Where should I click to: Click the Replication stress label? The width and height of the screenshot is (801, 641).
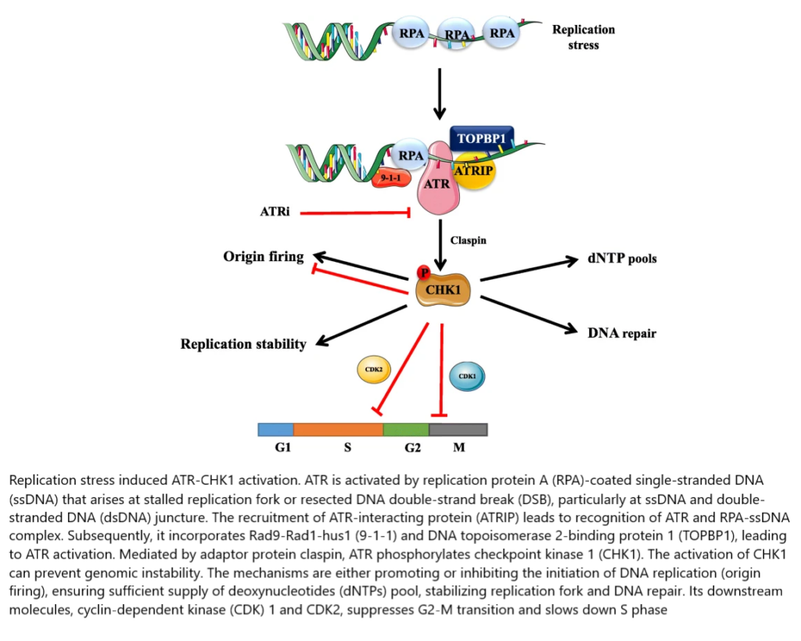point(584,37)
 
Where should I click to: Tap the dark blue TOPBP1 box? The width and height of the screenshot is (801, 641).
point(482,138)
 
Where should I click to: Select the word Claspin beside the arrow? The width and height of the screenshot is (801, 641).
point(468,241)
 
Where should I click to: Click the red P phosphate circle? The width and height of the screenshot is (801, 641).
point(424,272)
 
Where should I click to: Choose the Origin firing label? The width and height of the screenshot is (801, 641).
point(263,256)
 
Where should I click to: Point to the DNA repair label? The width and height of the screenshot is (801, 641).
point(621,333)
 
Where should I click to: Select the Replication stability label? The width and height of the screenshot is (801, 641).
point(243,344)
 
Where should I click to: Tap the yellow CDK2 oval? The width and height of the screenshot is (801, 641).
point(373,371)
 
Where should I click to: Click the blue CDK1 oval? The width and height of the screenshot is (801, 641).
point(467,376)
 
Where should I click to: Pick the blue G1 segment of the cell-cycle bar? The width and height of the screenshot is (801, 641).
point(275,429)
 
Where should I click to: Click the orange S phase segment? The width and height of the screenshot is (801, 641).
point(338,429)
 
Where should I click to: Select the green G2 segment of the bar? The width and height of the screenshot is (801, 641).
point(405,429)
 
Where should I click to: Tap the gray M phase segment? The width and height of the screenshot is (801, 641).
point(458,429)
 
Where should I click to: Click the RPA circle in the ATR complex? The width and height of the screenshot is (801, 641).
point(411,155)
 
